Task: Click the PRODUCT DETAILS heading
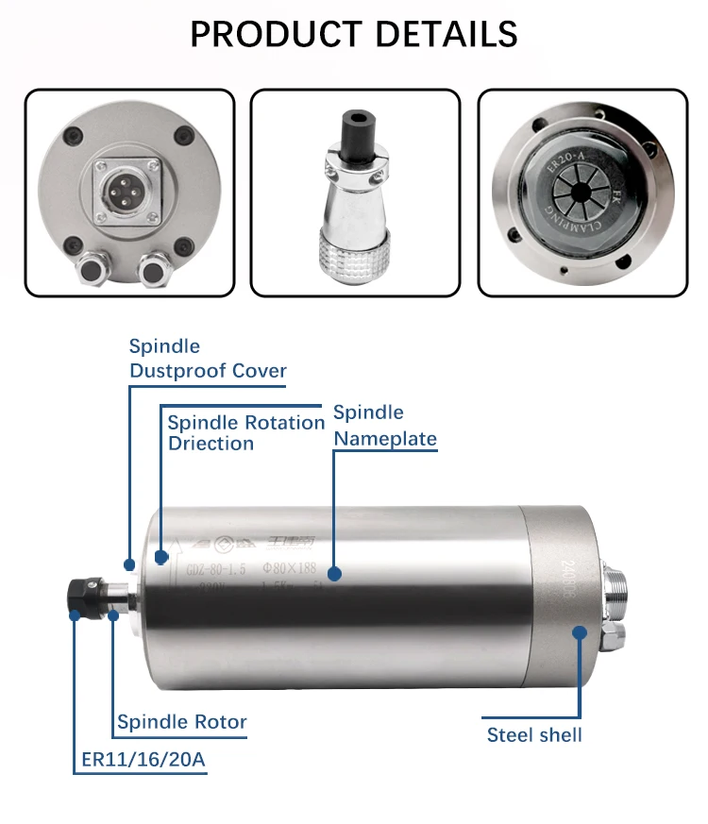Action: coord(354,35)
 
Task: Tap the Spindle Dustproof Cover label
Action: coord(207,359)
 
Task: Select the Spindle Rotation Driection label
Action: coord(245,432)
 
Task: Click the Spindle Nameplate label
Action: coord(384,426)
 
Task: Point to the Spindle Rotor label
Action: coord(181,723)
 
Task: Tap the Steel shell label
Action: coord(534,734)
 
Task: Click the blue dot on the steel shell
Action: coord(579,632)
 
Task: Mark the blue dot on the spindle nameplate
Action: coord(333,573)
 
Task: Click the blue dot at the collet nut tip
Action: coord(76,614)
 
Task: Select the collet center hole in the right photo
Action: coord(582,195)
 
